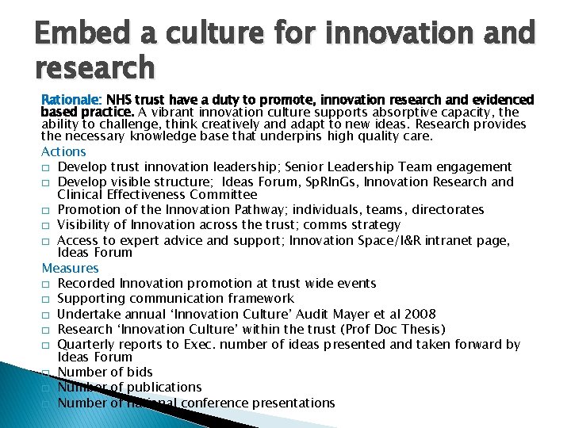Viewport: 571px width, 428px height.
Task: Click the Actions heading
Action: pyautogui.click(x=63, y=151)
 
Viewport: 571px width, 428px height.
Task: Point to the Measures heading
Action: pyautogui.click(x=70, y=268)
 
